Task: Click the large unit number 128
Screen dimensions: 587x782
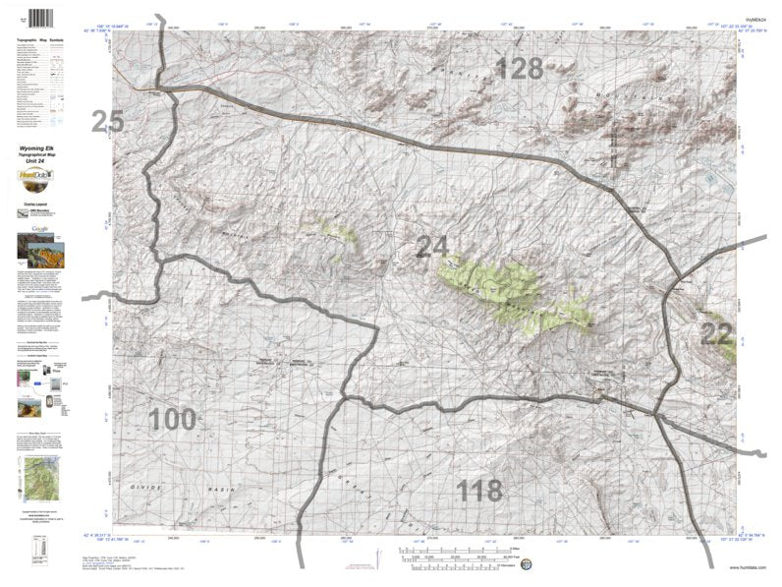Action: (x=519, y=68)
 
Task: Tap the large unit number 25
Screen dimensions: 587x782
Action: (x=107, y=122)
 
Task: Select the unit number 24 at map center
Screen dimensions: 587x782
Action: (x=433, y=247)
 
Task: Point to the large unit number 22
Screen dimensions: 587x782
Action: (x=716, y=333)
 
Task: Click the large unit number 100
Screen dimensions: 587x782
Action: (x=173, y=420)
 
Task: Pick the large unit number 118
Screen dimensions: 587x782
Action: (x=478, y=490)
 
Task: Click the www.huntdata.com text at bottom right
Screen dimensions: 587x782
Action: (x=747, y=567)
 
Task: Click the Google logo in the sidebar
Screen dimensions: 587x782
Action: (x=39, y=228)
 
